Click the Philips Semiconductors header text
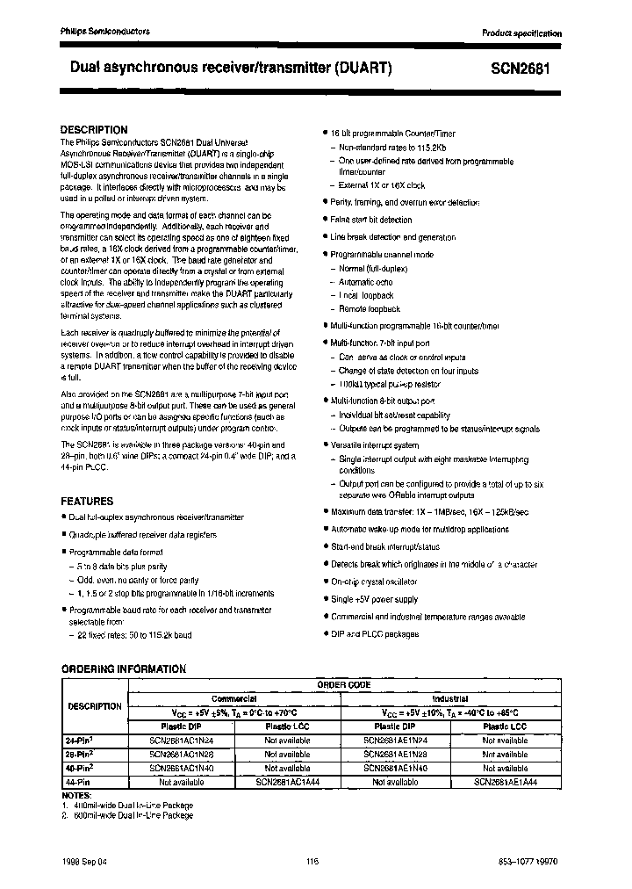pos(105,31)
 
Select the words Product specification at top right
pos(521,33)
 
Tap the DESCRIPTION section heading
pos(94,129)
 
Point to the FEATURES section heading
pos(87,501)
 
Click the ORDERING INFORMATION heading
pos(123,669)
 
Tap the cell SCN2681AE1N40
pos(394,767)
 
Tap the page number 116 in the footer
pos(312,862)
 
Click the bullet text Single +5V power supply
pos(374,599)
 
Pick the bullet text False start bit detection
pos(370,220)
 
